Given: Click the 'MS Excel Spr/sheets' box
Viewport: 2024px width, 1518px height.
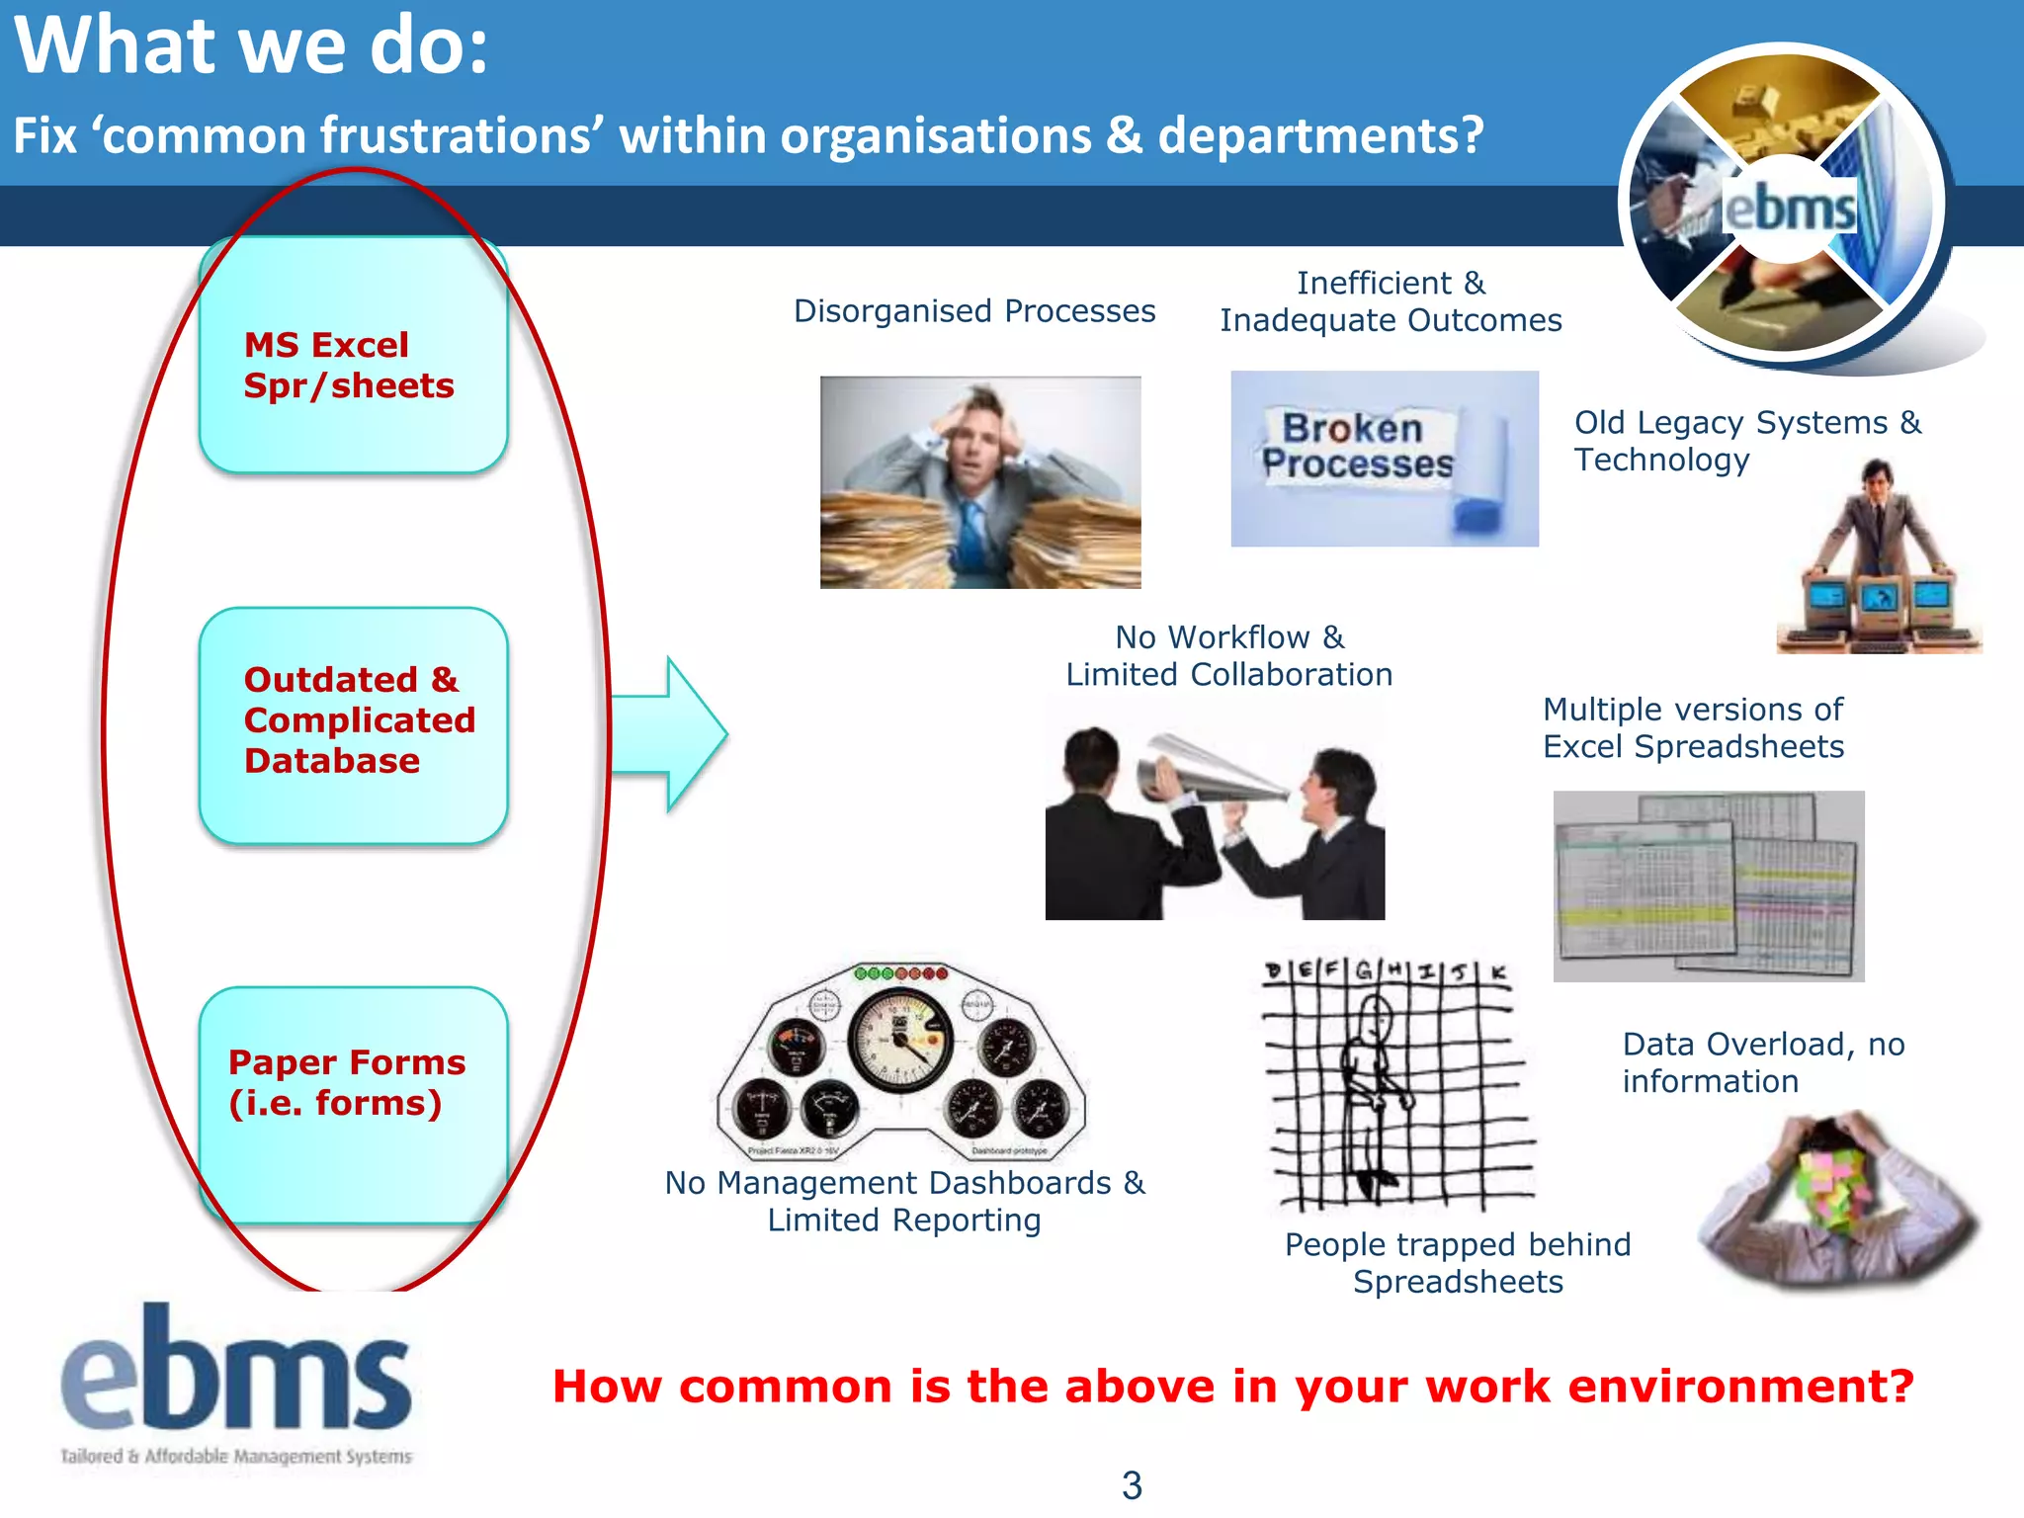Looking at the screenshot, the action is pos(353,356).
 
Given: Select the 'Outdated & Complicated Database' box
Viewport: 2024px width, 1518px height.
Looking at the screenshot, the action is pos(353,724).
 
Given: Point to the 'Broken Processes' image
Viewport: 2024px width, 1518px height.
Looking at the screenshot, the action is pos(1384,459).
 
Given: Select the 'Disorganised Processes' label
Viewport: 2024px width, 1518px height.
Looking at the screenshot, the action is pos(974,311).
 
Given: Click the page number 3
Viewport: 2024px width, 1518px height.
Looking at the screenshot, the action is pos(1132,1485).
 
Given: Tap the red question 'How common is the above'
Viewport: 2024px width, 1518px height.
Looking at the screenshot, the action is pos(1232,1387).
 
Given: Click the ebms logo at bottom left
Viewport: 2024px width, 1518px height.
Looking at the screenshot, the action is pos(236,1384).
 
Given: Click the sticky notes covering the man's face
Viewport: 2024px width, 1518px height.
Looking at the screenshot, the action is pos(1834,1182).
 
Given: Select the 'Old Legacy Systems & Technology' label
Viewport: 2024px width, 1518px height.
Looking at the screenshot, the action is pos(1747,441).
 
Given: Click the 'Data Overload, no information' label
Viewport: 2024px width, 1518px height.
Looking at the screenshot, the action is pos(1763,1062).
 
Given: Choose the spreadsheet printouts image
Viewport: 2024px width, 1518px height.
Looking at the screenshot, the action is pos(1708,885).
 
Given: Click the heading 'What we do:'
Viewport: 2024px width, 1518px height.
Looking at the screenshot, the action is pos(251,46).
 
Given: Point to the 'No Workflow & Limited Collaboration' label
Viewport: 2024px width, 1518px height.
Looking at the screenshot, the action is pos(1228,655).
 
